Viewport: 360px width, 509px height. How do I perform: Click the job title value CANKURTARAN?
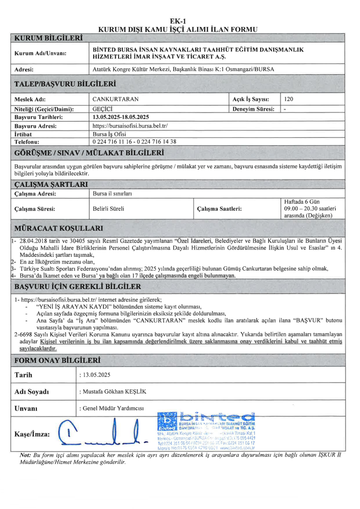115,99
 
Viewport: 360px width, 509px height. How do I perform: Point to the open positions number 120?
288,99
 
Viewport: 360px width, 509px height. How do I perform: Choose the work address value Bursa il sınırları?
115,194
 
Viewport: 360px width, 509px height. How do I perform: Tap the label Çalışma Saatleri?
219,209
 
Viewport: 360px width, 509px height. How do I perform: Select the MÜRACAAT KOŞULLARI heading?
59,228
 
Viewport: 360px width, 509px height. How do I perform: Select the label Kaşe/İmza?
33,434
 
